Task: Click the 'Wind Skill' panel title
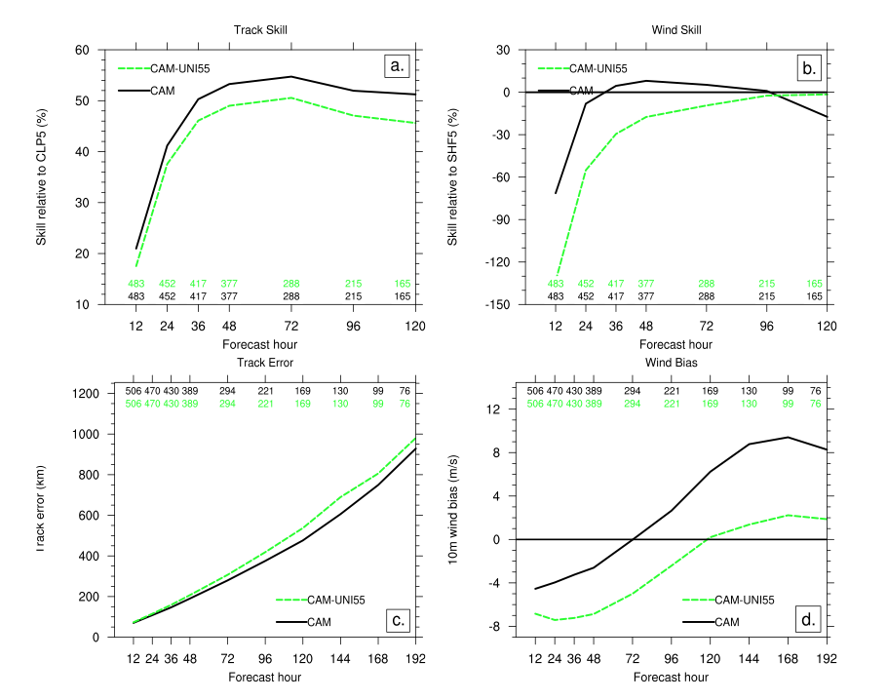coord(676,30)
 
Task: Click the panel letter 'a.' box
coord(396,66)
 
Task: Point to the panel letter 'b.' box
coord(808,66)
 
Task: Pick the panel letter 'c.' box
coord(396,619)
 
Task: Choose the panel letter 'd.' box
coord(808,619)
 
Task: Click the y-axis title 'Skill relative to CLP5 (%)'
coord(42,176)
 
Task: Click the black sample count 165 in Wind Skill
coord(813,296)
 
